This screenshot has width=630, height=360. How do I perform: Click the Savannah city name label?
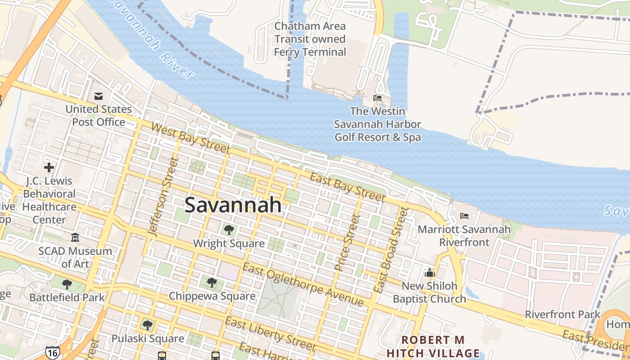click(233, 205)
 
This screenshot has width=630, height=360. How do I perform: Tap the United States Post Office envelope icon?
click(99, 96)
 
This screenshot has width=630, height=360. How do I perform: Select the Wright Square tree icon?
click(229, 230)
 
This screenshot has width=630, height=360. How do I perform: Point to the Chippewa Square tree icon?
click(212, 283)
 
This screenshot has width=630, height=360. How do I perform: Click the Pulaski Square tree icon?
click(147, 325)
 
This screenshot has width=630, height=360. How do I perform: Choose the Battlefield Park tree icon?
click(67, 284)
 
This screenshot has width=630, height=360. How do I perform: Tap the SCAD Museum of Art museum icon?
click(75, 237)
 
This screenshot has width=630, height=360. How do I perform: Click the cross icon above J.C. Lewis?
click(49, 168)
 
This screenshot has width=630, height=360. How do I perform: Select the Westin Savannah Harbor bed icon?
click(378, 98)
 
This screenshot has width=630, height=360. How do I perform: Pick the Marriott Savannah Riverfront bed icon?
click(464, 216)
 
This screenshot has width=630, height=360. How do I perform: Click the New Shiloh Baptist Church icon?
click(429, 273)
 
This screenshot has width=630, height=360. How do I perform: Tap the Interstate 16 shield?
click(52, 352)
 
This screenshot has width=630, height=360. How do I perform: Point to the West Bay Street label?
click(190, 138)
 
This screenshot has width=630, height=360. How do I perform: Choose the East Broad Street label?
click(391, 249)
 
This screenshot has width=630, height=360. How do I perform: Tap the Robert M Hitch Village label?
click(433, 346)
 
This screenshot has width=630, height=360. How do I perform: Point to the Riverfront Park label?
click(562, 315)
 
